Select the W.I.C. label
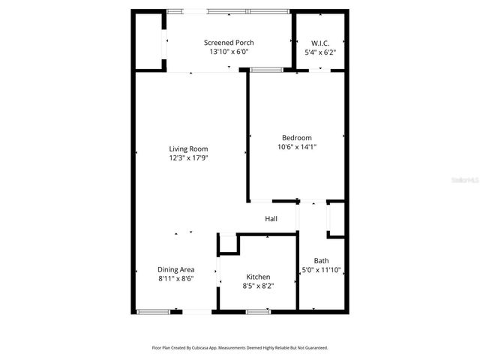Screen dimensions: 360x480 (x=320, y=43)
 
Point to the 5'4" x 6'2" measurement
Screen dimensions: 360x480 (x=320, y=52)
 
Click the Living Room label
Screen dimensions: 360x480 (x=188, y=148)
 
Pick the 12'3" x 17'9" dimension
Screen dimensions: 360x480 (x=188, y=158)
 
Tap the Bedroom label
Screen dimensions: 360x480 (x=296, y=137)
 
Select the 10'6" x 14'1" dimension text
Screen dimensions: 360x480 (x=296, y=147)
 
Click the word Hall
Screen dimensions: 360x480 (x=271, y=219)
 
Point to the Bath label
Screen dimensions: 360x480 (x=321, y=261)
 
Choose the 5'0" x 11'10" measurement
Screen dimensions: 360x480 (x=321, y=270)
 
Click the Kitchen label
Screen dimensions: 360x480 (x=257, y=277)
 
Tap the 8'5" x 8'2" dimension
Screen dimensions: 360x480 (x=257, y=286)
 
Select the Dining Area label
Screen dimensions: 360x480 (x=176, y=269)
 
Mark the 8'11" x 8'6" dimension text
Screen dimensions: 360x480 (x=176, y=278)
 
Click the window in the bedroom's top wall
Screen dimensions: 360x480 (x=266, y=70)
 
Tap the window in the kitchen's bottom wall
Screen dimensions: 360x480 (x=258, y=311)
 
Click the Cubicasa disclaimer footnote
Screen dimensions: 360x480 (x=240, y=348)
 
